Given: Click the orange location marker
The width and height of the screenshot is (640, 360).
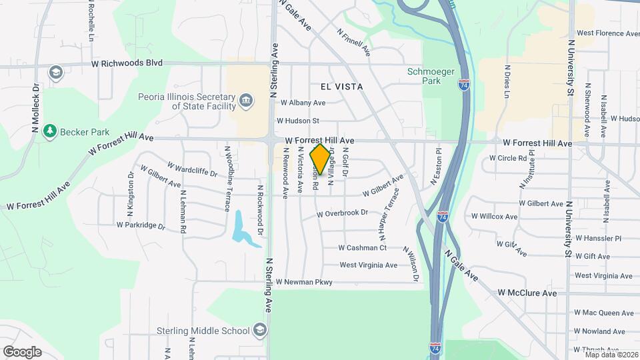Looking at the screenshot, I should [x=321, y=159].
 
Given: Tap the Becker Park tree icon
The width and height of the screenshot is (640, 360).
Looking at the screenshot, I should [x=49, y=131].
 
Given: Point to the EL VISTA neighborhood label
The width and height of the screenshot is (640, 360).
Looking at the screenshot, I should [x=341, y=87].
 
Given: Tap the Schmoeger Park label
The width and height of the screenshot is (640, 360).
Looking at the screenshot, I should [x=424, y=76].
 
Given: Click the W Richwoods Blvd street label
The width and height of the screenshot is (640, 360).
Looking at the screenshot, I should [x=127, y=64].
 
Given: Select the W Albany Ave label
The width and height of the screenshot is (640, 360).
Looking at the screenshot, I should [x=303, y=103].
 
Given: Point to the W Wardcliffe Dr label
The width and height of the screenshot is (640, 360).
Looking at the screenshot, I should [x=192, y=169].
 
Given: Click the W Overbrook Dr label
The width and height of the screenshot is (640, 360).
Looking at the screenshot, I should [x=343, y=213].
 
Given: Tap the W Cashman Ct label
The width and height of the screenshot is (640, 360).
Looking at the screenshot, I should [x=363, y=247].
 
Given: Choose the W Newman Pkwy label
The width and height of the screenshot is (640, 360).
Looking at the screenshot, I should [x=304, y=282].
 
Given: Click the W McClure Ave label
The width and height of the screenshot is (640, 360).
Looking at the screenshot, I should [x=527, y=293].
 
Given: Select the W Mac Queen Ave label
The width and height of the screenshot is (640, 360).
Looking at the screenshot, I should [x=603, y=313].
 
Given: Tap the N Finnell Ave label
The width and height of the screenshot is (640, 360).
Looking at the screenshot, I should [x=353, y=41].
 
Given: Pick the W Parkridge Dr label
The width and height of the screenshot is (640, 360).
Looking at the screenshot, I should [x=141, y=225].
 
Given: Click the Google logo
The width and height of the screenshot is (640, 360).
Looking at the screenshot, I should [x=22, y=351].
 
